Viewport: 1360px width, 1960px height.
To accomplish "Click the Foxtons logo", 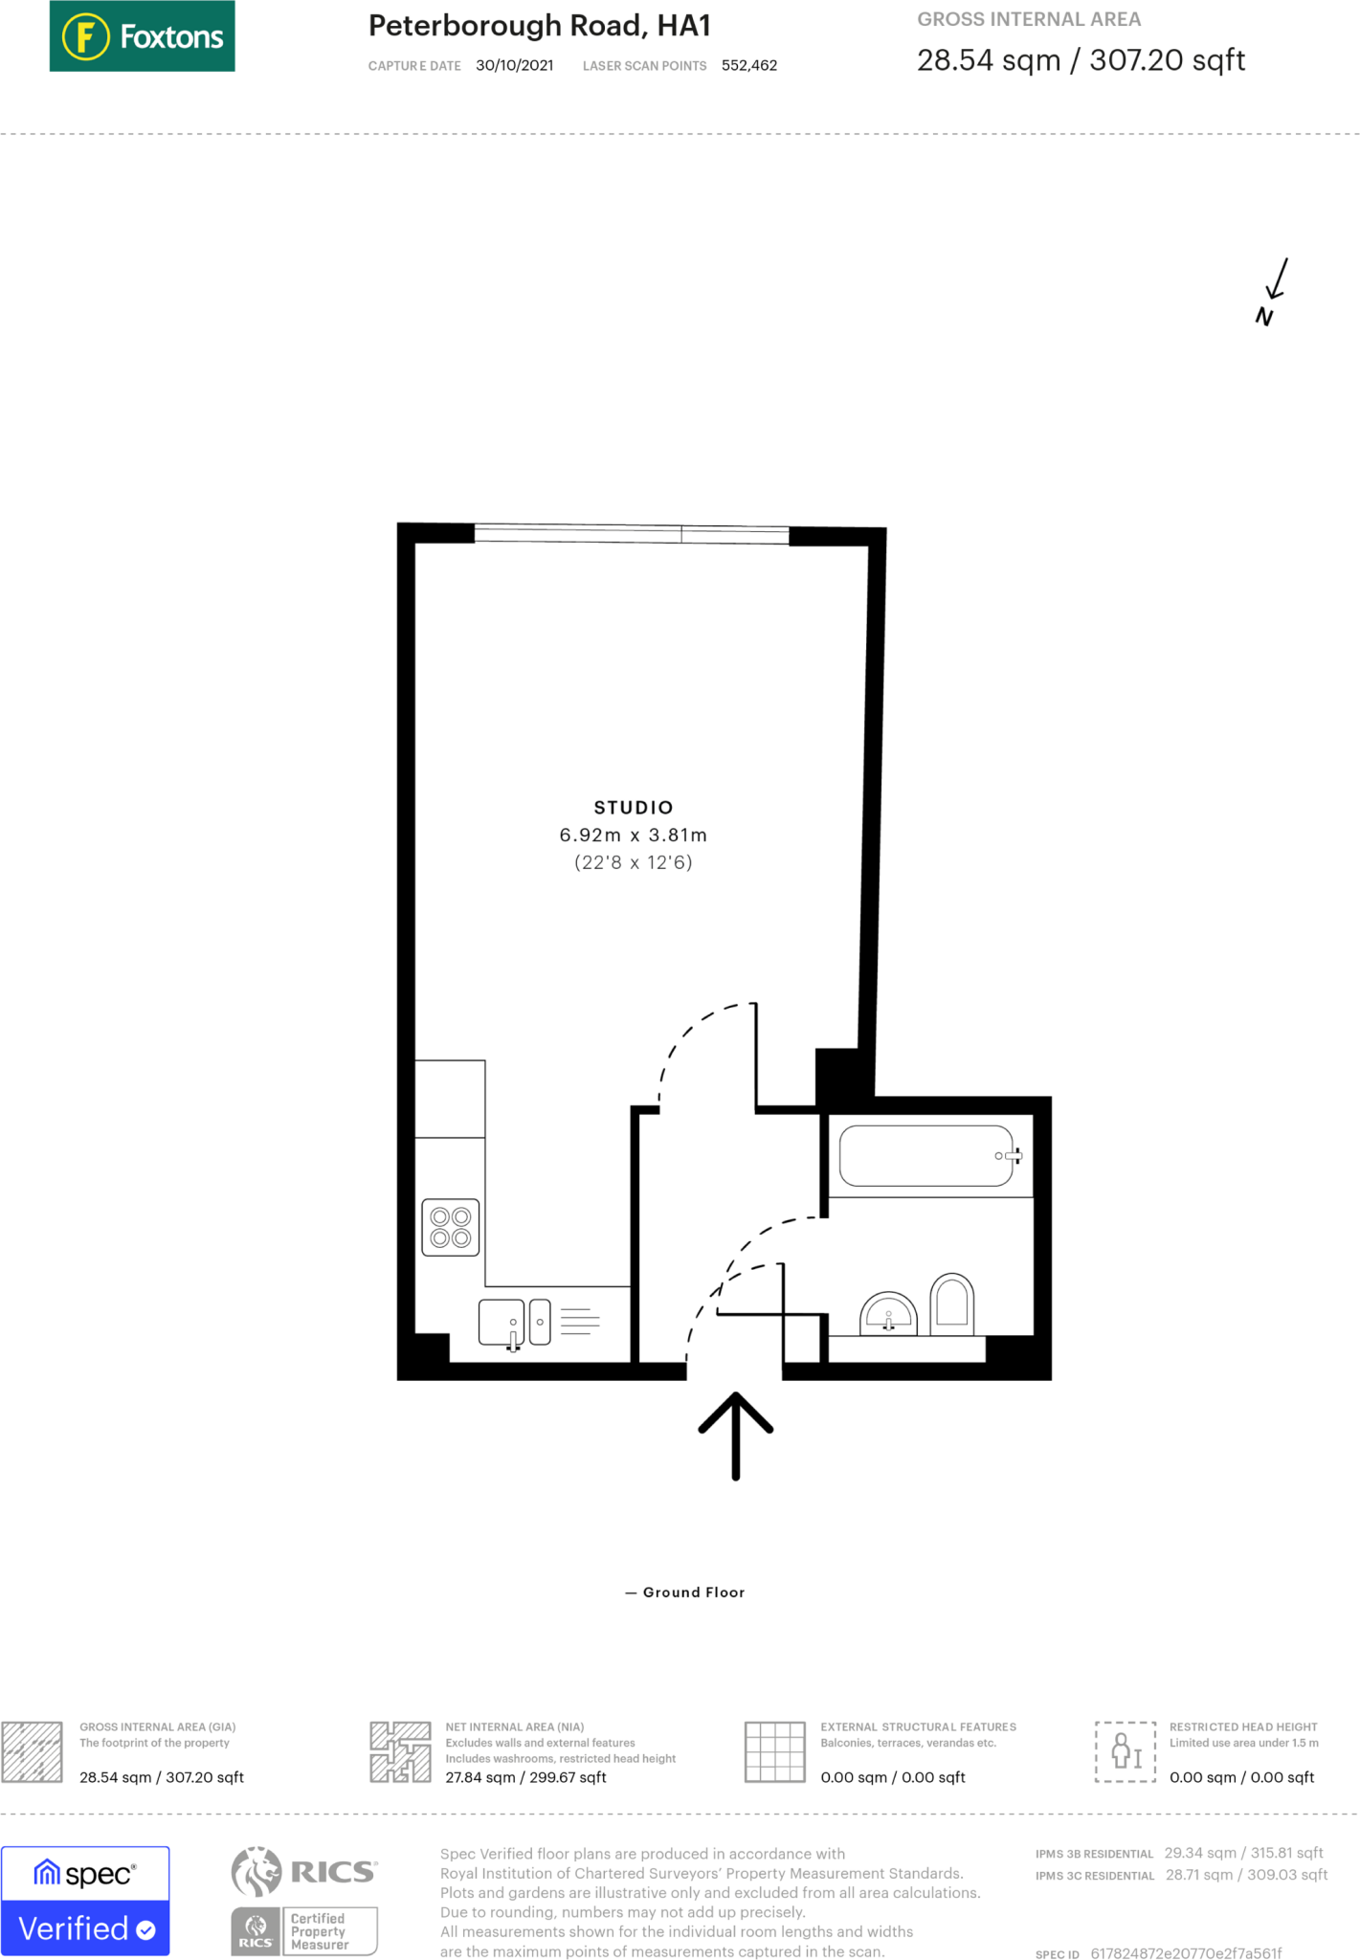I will pyautogui.click(x=142, y=36).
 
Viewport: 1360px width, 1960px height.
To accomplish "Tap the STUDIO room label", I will pyautogui.click(x=634, y=808).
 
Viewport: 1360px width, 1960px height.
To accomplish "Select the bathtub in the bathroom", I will pyautogui.click(x=926, y=1156).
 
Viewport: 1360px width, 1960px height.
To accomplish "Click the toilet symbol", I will pyautogui.click(x=951, y=1303).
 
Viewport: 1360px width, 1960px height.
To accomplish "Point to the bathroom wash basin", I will pyautogui.click(x=888, y=1315).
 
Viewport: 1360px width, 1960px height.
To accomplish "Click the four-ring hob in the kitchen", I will pyautogui.click(x=451, y=1227).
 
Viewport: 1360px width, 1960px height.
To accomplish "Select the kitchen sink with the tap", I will pyautogui.click(x=502, y=1323).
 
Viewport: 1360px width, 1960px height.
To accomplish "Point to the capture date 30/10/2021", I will pyautogui.click(x=514, y=66).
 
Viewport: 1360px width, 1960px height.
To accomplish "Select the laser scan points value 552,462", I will pyautogui.click(x=748, y=66).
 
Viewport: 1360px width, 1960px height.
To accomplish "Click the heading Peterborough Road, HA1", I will pyautogui.click(x=539, y=26).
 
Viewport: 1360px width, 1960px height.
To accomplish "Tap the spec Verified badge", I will pyautogui.click(x=85, y=1901).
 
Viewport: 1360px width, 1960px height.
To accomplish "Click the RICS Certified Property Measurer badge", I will pyautogui.click(x=304, y=1930).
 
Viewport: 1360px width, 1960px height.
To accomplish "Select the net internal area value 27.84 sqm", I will pyautogui.click(x=525, y=1777).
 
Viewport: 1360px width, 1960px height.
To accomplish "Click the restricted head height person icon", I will pyautogui.click(x=1126, y=1751).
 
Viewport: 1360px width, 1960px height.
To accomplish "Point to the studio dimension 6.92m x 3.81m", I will pyautogui.click(x=634, y=835).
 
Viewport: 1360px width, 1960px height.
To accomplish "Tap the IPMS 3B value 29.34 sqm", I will pyautogui.click(x=1243, y=1853).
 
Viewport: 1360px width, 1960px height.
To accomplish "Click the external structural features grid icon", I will pyautogui.click(x=774, y=1751).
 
